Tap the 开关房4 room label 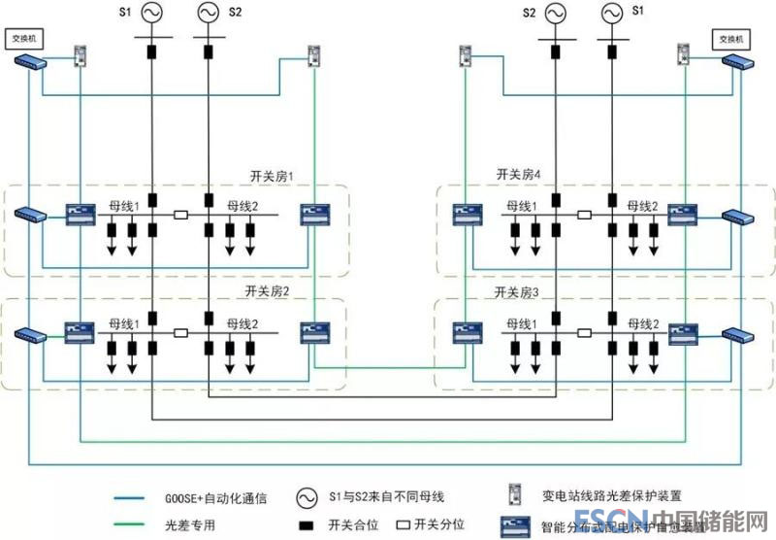coord(517,176)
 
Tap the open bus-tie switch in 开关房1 coord(179,215)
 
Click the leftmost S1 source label coord(124,11)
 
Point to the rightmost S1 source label coord(637,11)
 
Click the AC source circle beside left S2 coord(209,13)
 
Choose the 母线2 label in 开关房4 coord(641,206)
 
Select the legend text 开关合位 coord(351,525)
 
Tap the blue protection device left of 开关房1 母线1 coord(78,213)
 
